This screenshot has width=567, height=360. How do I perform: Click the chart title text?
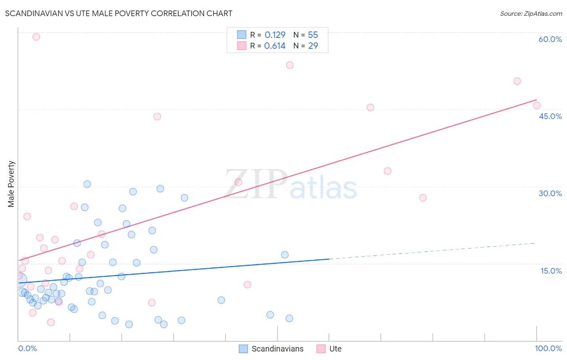[x=119, y=13]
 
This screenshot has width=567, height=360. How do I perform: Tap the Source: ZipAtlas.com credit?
[x=531, y=14]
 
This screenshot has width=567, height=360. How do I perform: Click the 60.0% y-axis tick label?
[x=550, y=39]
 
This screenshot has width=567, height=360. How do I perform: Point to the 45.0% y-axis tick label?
[x=550, y=116]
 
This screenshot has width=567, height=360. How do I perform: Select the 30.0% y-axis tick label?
[x=550, y=193]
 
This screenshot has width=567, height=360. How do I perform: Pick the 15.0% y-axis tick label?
[x=551, y=271]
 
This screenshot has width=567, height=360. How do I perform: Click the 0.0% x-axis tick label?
[x=27, y=348]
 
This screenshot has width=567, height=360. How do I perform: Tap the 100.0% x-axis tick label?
[x=548, y=348]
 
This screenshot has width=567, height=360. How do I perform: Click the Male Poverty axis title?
[x=11, y=184]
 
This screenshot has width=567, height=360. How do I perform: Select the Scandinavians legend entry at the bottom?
[x=271, y=349]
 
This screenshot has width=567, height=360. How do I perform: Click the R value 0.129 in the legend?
[x=275, y=35]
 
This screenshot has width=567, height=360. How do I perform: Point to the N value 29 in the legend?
[x=313, y=46]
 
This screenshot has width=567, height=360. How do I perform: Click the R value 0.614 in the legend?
[x=275, y=46]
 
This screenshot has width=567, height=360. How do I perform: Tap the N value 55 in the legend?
[x=313, y=35]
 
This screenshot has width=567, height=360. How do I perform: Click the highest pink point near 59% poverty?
[x=36, y=37]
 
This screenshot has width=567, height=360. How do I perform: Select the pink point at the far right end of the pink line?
[x=537, y=105]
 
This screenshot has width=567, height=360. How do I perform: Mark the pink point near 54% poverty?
[x=290, y=65]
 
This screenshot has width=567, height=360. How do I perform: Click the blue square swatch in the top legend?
[x=242, y=35]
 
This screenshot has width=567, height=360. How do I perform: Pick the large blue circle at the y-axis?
[x=20, y=279]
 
